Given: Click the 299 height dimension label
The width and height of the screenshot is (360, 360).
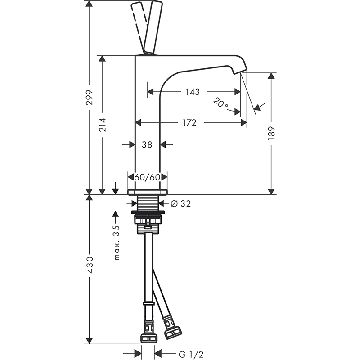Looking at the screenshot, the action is (x=90, y=98).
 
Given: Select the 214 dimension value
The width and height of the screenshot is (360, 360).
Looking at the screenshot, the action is (x=103, y=125).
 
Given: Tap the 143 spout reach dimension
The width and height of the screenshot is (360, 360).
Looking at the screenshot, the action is (x=193, y=92).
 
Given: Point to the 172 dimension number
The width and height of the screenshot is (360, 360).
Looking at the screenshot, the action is (x=189, y=123).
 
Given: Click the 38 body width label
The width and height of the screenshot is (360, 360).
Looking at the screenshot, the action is (x=147, y=144).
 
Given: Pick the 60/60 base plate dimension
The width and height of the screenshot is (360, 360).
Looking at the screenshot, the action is (x=148, y=177).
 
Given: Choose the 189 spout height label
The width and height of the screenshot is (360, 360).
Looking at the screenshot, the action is (x=271, y=133).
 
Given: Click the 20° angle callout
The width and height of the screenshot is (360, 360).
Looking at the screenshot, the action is (x=220, y=103).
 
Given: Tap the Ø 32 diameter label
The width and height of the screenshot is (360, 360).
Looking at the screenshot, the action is (x=181, y=203).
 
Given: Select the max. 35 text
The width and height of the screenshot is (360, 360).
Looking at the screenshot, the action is (x=117, y=243).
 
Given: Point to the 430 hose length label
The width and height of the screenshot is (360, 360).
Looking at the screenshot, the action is (x=90, y=265).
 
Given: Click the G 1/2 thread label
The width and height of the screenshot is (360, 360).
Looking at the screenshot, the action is (x=191, y=354).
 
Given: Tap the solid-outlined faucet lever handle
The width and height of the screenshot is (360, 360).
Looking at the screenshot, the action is (x=153, y=27).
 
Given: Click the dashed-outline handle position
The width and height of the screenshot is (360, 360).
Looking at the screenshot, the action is (x=139, y=25).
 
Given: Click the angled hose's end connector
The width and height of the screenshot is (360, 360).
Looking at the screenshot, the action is (x=173, y=331).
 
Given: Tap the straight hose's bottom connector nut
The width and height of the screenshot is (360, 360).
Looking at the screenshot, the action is (x=148, y=338).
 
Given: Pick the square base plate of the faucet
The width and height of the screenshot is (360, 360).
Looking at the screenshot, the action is (x=148, y=193).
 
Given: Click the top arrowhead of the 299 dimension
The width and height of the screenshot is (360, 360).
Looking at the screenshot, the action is (x=89, y=4).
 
